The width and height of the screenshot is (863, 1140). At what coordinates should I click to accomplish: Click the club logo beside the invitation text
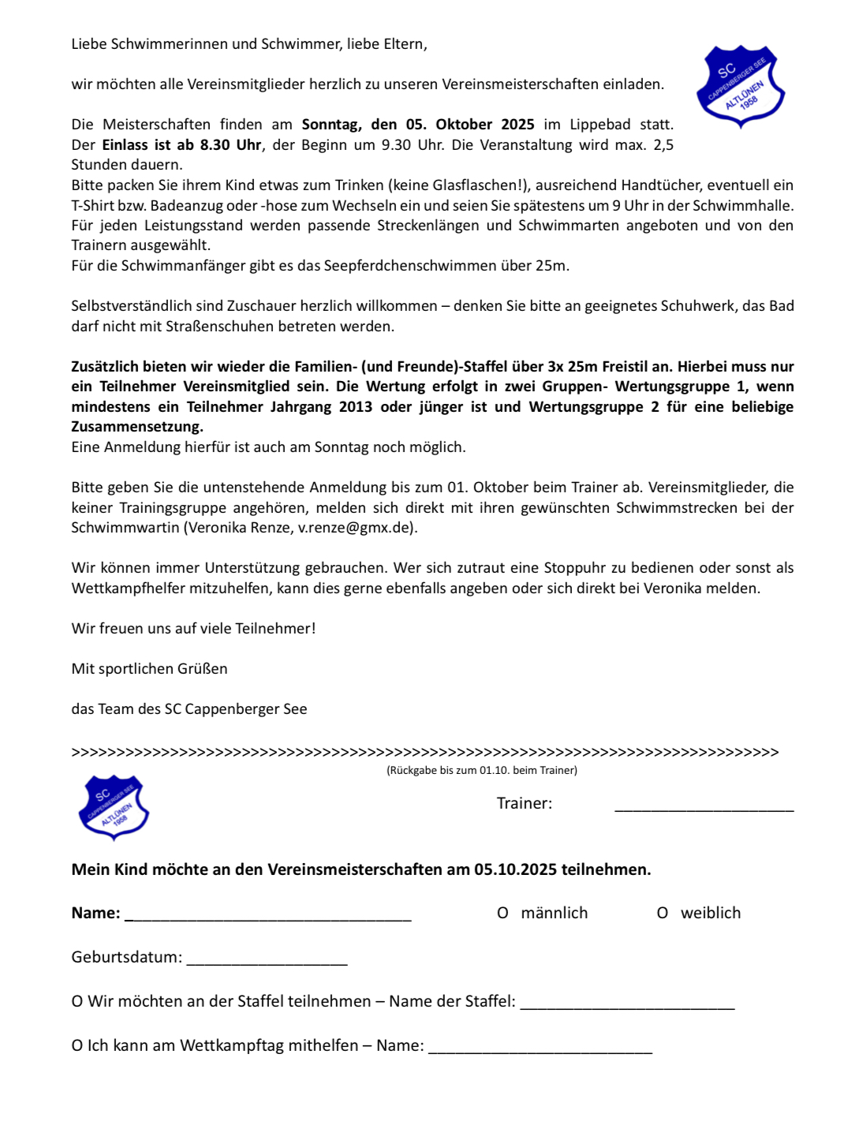(x=741, y=86)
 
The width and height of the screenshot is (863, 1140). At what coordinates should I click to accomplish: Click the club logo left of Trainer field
(x=114, y=806)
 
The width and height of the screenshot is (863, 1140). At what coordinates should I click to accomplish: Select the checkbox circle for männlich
(x=502, y=913)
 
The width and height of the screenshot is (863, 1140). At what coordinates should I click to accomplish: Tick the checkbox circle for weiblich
(x=663, y=913)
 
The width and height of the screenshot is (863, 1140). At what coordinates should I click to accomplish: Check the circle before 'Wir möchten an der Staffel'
(x=77, y=1001)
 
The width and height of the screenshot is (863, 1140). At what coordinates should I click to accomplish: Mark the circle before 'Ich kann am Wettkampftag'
(x=77, y=1045)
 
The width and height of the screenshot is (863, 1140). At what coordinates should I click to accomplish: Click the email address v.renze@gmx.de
(x=356, y=528)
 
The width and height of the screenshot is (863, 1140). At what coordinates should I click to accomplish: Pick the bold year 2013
(x=356, y=407)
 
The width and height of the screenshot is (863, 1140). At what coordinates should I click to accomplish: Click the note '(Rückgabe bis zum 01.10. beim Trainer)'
(x=482, y=770)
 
